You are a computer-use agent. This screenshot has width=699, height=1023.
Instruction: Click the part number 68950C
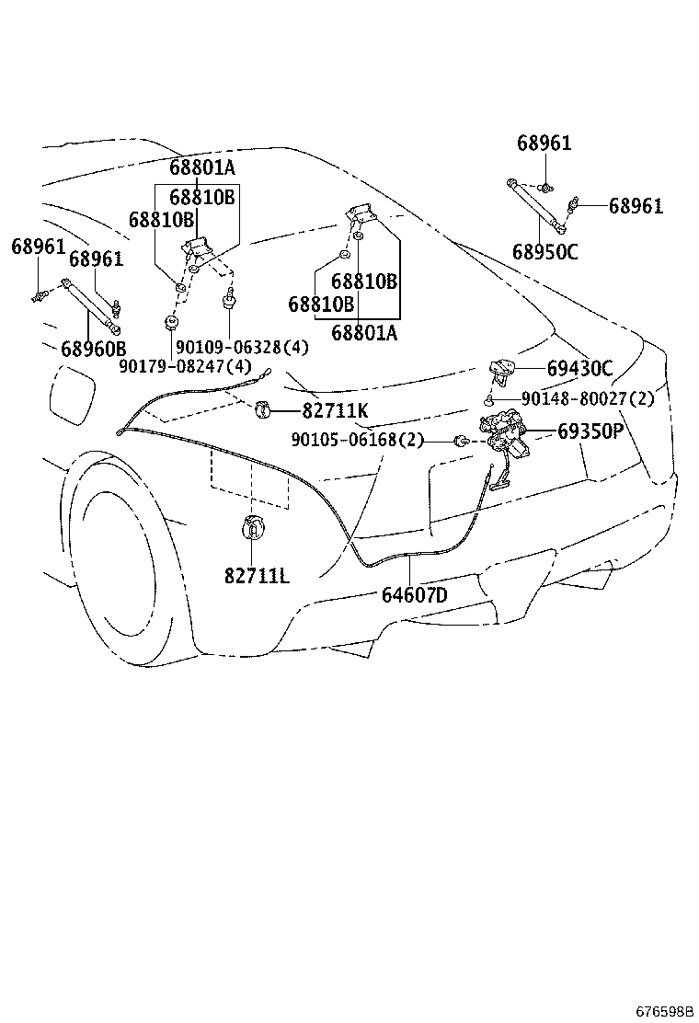(x=545, y=251)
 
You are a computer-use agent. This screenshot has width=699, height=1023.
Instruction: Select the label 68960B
(x=93, y=349)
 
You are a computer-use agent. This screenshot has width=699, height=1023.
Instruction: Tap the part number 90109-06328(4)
(x=242, y=347)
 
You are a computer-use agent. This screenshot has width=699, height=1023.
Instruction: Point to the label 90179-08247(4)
(x=185, y=365)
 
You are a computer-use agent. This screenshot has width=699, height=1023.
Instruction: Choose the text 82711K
(x=335, y=410)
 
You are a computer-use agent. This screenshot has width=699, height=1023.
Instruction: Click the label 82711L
(x=256, y=576)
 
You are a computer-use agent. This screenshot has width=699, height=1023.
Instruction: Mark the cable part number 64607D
(x=415, y=595)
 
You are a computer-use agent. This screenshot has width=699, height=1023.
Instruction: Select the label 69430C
(x=579, y=369)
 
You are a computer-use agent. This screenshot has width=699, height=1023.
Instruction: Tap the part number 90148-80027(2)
(x=587, y=398)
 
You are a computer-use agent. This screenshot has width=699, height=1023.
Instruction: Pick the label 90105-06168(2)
(x=358, y=440)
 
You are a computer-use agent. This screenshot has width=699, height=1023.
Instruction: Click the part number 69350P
(x=590, y=431)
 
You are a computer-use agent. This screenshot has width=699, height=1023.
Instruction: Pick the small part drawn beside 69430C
(x=503, y=370)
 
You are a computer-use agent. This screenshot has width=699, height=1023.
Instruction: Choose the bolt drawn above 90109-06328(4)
(x=228, y=298)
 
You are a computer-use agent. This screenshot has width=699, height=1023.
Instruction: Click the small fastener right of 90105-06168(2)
(x=459, y=441)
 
